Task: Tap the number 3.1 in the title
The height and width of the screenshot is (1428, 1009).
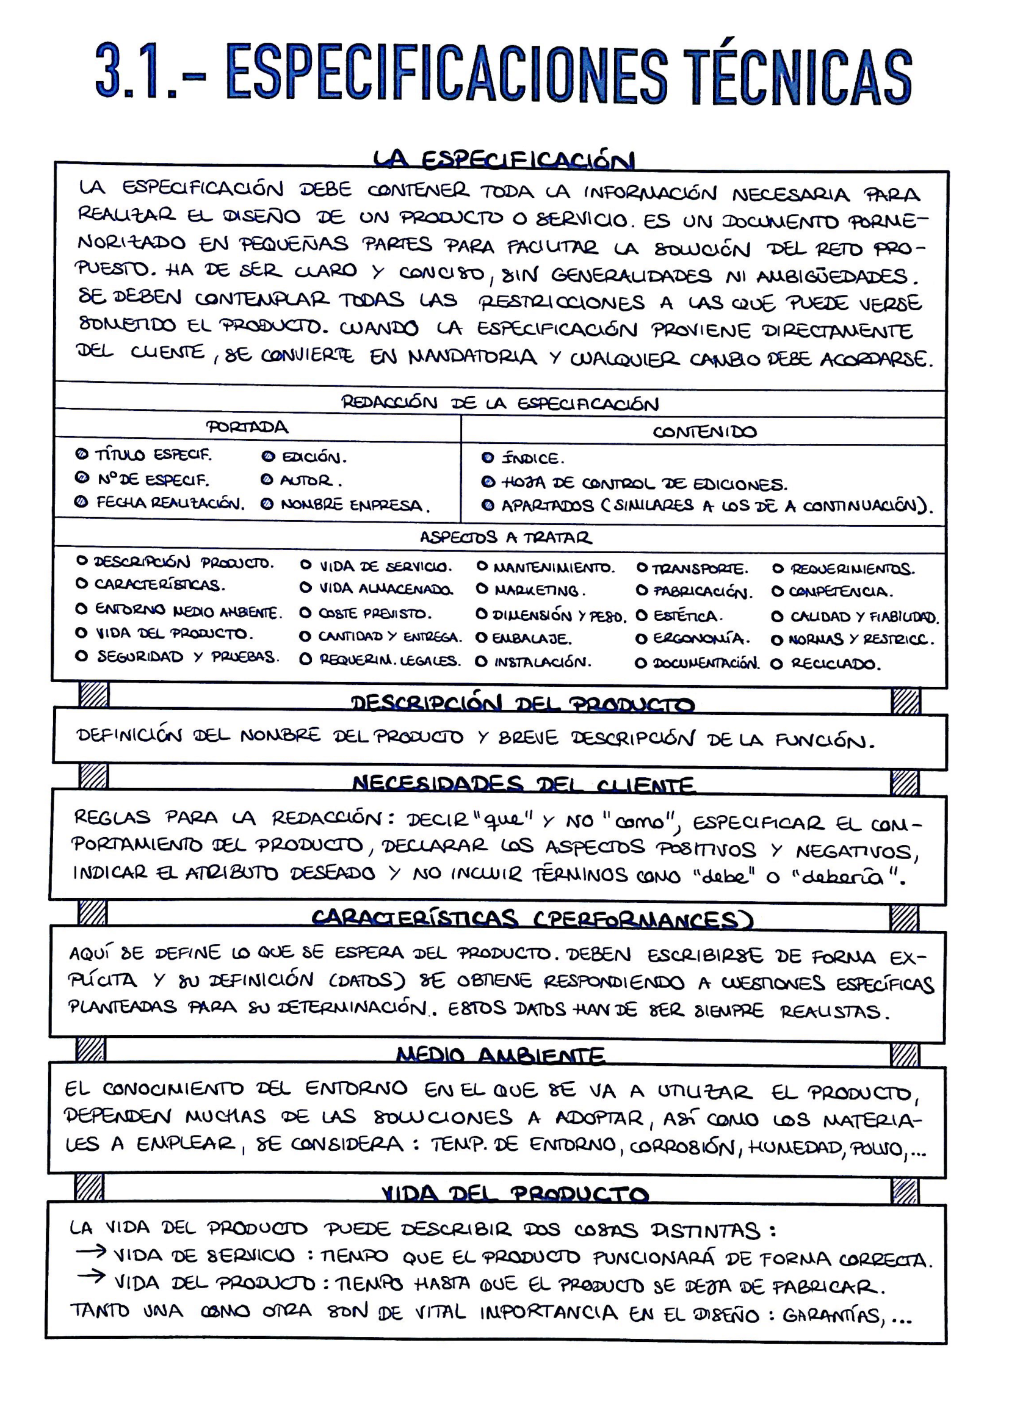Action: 137,71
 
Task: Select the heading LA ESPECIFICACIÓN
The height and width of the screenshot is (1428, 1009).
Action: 504,160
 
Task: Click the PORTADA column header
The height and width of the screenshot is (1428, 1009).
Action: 247,427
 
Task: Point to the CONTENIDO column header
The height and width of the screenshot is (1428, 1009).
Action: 704,432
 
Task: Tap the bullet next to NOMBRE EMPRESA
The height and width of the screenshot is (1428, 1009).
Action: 267,504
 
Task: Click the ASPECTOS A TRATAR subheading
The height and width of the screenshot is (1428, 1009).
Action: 505,537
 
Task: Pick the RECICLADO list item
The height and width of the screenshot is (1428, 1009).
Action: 833,664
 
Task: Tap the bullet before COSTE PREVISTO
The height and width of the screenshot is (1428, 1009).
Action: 305,612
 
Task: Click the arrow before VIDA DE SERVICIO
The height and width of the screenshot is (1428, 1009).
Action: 91,1251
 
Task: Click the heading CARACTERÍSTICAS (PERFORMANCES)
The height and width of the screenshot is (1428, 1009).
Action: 532,919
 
